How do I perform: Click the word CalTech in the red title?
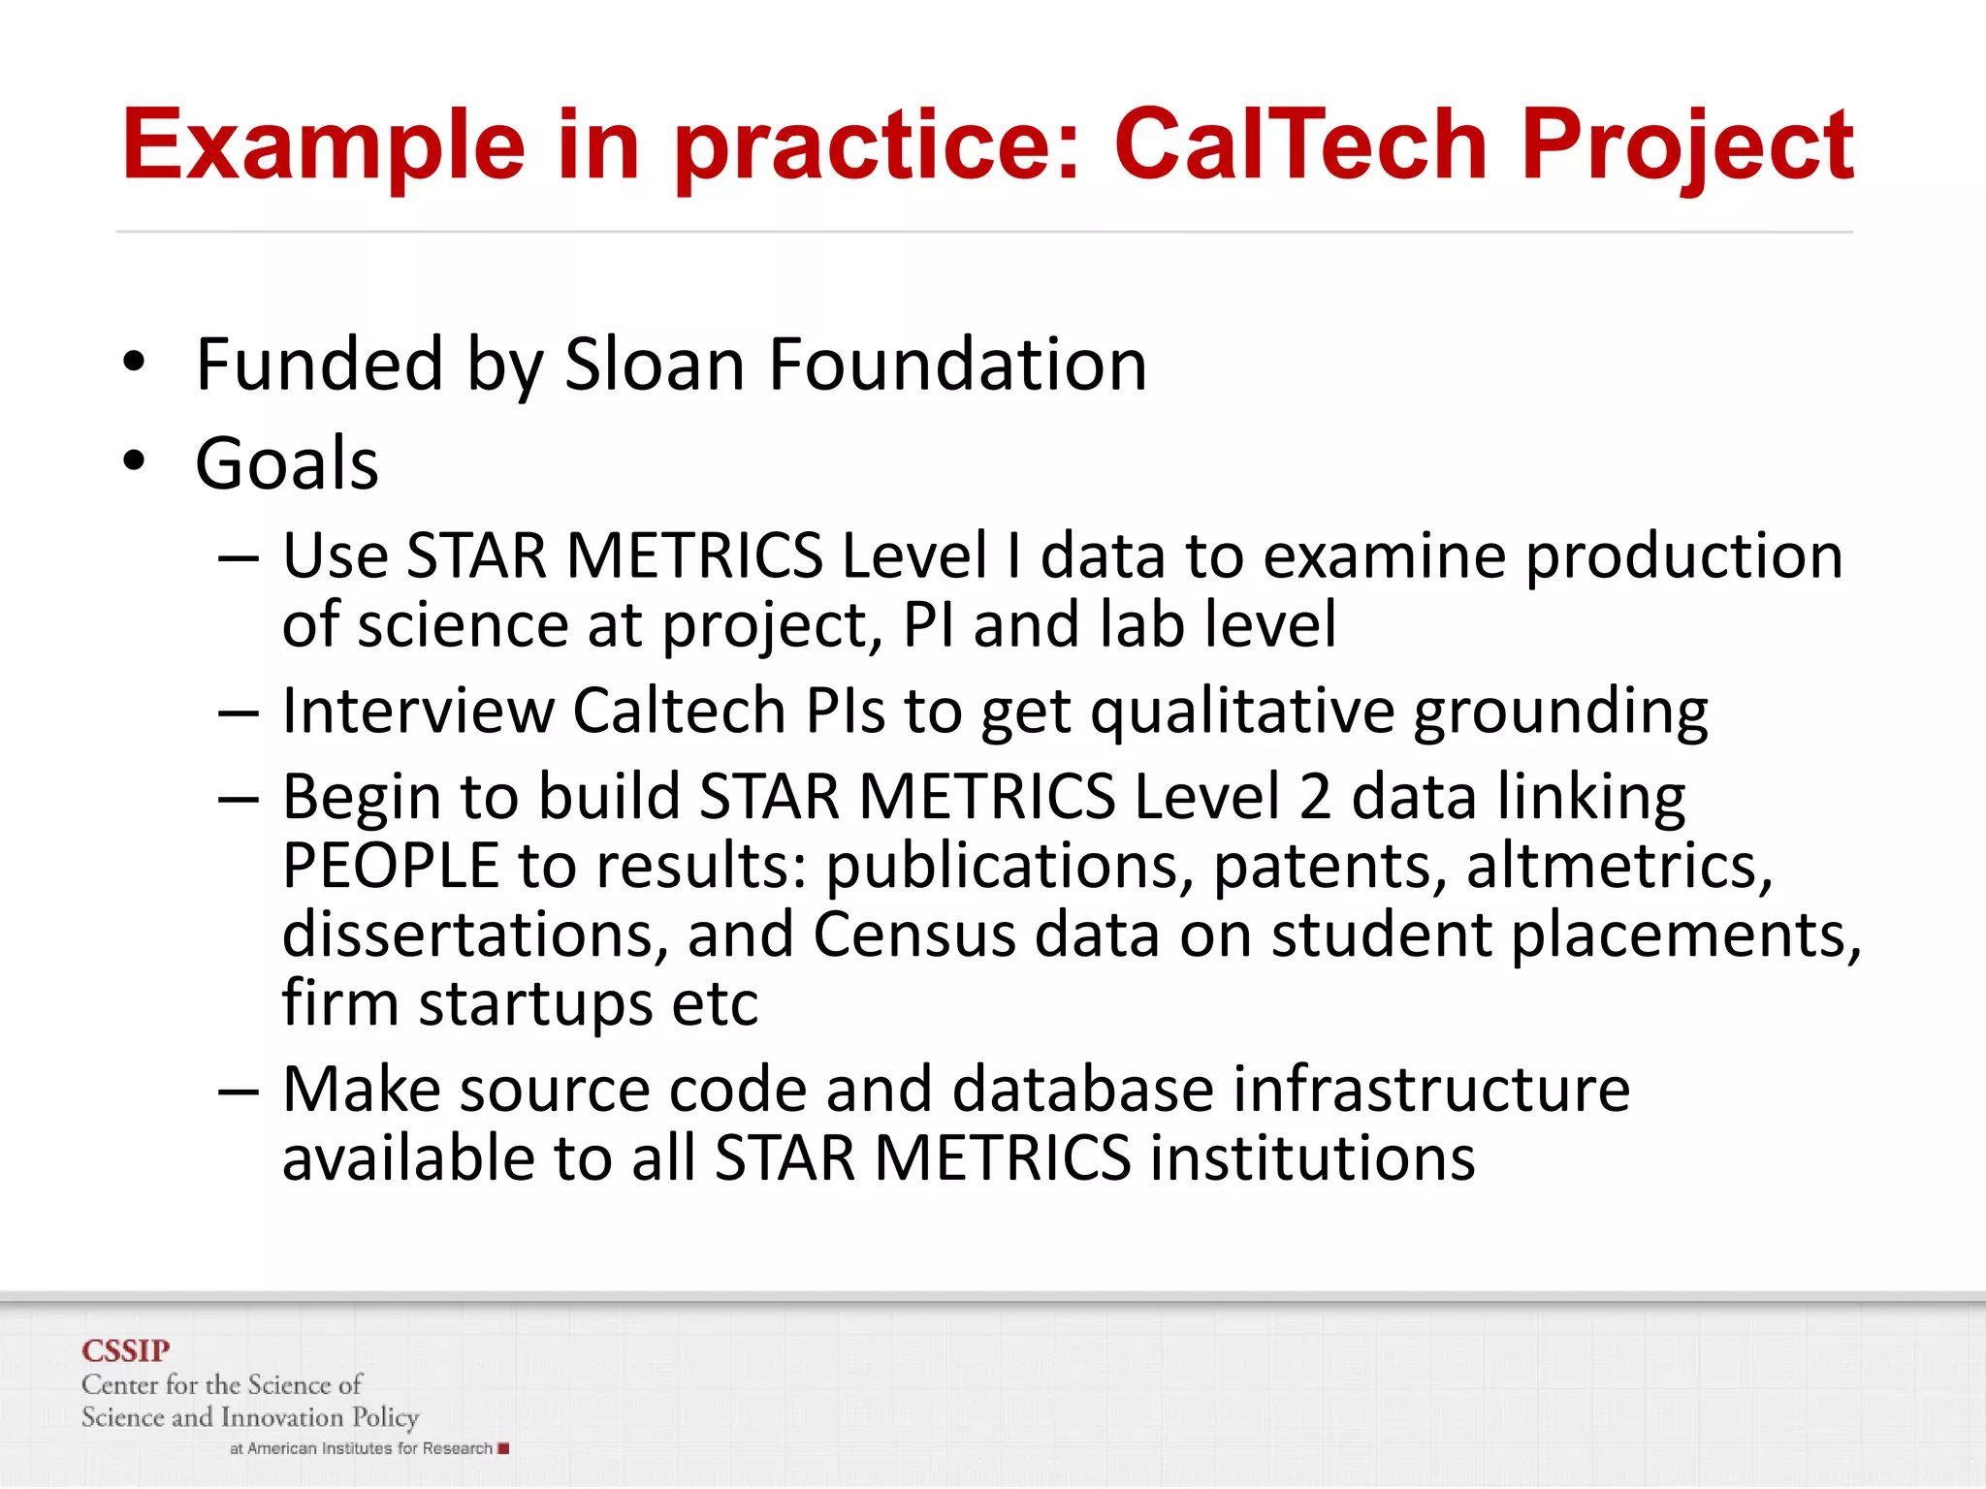(x=1299, y=145)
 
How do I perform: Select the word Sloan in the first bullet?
(x=655, y=365)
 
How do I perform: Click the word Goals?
(x=287, y=463)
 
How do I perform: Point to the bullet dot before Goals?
(x=134, y=461)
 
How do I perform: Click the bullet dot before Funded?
(x=134, y=363)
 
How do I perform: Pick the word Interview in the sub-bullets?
(x=417, y=711)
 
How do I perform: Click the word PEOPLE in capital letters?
(x=390, y=866)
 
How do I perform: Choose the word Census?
(x=913, y=935)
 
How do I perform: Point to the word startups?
(x=535, y=1003)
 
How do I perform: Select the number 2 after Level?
(x=1316, y=797)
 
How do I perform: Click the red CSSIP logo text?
(x=125, y=1350)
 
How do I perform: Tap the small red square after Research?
(x=503, y=1448)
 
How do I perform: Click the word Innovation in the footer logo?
(x=282, y=1417)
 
